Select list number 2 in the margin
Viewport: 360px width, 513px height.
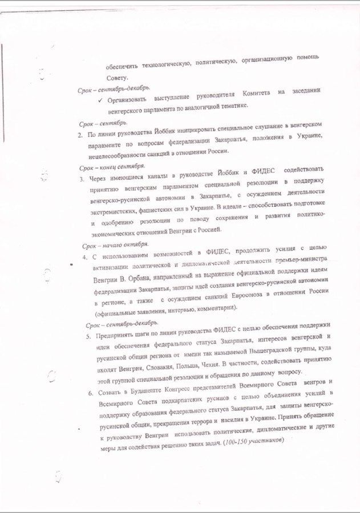(80, 135)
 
